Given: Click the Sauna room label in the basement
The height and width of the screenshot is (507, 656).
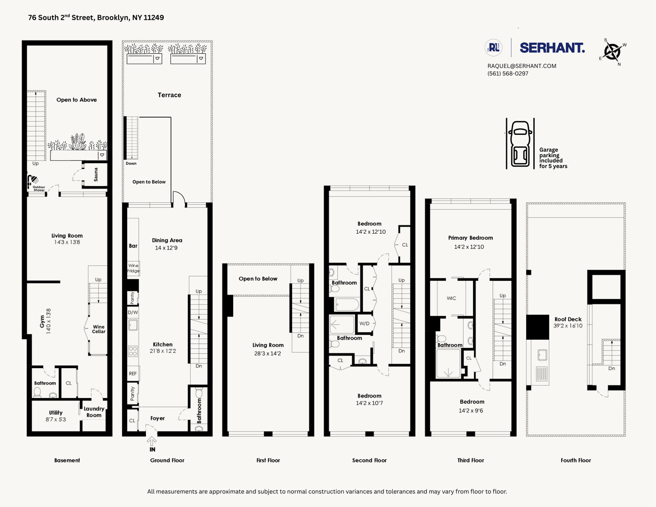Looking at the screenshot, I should (x=96, y=175).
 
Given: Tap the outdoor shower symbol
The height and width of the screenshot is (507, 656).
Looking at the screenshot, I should (x=33, y=179).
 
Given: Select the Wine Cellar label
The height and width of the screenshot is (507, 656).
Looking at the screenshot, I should (x=99, y=330).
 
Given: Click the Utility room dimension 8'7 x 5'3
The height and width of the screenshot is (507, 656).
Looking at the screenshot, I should (x=56, y=420).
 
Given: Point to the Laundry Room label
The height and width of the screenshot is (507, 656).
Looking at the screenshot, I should (x=94, y=412).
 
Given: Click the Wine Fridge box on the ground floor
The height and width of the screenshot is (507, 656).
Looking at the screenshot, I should (x=133, y=268).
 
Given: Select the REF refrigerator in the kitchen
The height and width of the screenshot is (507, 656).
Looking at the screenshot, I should (x=133, y=374).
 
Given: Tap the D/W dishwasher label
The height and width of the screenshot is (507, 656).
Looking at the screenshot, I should (x=133, y=312).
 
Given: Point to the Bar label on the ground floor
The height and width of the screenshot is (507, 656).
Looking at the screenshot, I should (x=133, y=246).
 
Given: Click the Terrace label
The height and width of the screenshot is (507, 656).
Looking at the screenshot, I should (x=169, y=95).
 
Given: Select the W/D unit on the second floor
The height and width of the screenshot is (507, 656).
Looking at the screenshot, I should (x=365, y=323).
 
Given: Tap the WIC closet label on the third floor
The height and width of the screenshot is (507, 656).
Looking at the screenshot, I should (x=451, y=298).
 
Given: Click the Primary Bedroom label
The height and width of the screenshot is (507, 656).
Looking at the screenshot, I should (x=470, y=238).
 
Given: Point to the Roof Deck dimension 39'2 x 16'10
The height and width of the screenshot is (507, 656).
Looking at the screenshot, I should (x=568, y=326).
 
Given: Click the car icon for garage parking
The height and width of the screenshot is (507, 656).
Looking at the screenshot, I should (x=520, y=143).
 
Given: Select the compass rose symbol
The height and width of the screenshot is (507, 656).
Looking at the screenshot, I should (x=612, y=52).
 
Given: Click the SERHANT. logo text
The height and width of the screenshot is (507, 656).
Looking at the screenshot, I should (x=552, y=48).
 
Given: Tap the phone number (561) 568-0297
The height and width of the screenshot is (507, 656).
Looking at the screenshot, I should (x=507, y=74).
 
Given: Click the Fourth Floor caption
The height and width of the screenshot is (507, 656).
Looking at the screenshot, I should (x=575, y=460).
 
